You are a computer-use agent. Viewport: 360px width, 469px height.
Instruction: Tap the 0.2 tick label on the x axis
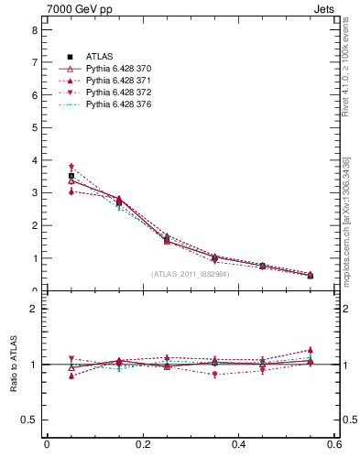coord(142,445)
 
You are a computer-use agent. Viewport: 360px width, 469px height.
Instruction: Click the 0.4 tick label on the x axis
coord(238,445)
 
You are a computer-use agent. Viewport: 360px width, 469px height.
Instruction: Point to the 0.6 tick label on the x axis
coord(333,445)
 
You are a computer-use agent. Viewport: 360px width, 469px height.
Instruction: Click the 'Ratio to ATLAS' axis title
coord(13,364)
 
